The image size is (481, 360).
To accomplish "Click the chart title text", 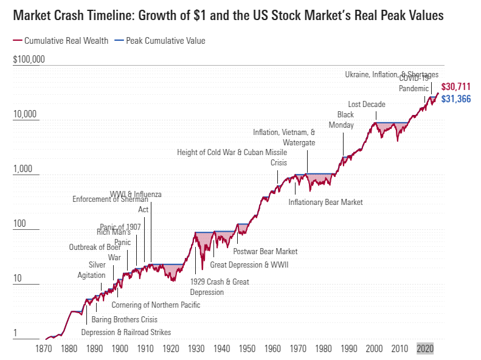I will (x=228, y=16).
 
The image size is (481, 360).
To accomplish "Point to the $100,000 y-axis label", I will (x=29, y=60).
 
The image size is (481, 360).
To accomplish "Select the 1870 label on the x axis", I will (x=43, y=349).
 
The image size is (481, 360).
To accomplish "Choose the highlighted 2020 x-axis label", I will (x=425, y=349).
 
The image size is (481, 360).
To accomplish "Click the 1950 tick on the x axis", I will (x=247, y=349).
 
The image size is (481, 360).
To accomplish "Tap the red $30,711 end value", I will (x=455, y=87).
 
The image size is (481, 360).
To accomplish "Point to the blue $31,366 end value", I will (x=455, y=99).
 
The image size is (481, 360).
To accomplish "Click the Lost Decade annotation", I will (x=366, y=104).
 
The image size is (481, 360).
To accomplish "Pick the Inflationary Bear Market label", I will (x=325, y=202).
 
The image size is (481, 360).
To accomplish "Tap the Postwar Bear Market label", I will (x=266, y=251).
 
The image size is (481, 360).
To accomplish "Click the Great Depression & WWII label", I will (x=249, y=265).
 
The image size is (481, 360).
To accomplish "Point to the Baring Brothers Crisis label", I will (x=124, y=319).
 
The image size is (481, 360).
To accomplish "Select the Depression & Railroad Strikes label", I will (x=126, y=332).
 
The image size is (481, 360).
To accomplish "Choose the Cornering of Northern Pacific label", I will (x=156, y=305).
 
